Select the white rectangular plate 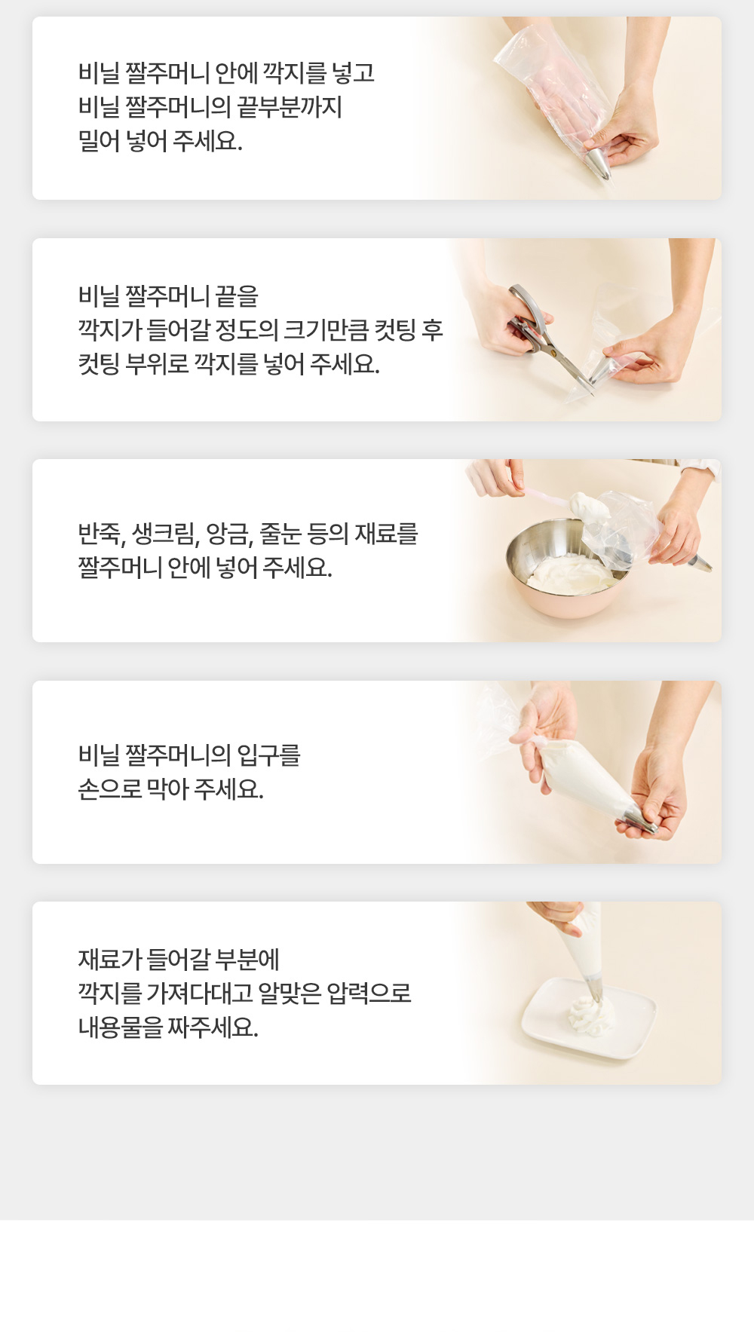click(x=588, y=1018)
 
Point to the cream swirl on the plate click(x=591, y=1015)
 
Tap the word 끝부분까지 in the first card click(x=290, y=107)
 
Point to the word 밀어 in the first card click(x=99, y=141)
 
